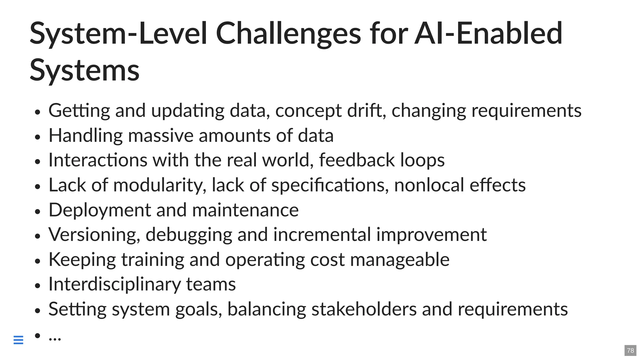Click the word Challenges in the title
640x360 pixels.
pyautogui.click(x=288, y=34)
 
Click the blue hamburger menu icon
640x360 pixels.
pyautogui.click(x=18, y=340)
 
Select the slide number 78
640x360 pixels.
pyautogui.click(x=630, y=350)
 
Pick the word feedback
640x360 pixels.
pyautogui.click(x=357, y=160)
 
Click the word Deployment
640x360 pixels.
pyautogui.click(x=100, y=210)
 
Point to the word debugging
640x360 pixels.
pyautogui.click(x=189, y=235)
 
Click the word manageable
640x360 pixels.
pyautogui.click(x=400, y=259)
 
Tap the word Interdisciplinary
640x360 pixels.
pyautogui.click(x=115, y=284)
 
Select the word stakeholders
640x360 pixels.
pyautogui.click(x=364, y=309)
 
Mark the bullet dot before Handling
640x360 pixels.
pyautogui.click(x=38, y=137)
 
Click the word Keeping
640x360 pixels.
pyautogui.click(x=82, y=259)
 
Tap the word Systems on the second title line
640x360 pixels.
pyautogui.click(x=84, y=70)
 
